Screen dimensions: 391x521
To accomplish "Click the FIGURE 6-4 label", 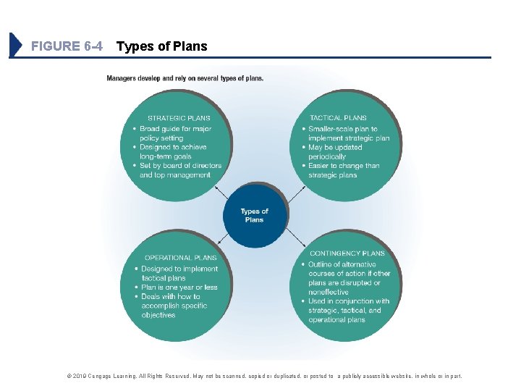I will [x=67, y=46].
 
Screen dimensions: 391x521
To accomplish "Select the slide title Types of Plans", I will [x=161, y=46].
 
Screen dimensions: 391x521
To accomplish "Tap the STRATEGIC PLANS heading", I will [x=179, y=118].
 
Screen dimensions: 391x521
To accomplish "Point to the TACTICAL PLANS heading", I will [x=338, y=117].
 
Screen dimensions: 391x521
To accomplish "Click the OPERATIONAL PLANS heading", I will [x=180, y=257].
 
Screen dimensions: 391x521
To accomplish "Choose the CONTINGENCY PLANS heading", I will [x=347, y=253].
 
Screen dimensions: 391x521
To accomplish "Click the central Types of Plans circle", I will [x=255, y=215].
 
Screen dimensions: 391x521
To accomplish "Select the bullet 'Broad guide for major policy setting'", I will [x=175, y=133].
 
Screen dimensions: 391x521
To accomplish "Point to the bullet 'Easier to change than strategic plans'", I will [x=344, y=170].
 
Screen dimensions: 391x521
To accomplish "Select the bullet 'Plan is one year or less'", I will [x=179, y=287].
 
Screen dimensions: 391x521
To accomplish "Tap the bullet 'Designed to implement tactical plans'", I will [x=179, y=273].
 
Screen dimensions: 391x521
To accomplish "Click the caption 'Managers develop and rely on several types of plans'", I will [x=185, y=78].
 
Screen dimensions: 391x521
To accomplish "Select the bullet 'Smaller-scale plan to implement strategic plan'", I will [x=348, y=133].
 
